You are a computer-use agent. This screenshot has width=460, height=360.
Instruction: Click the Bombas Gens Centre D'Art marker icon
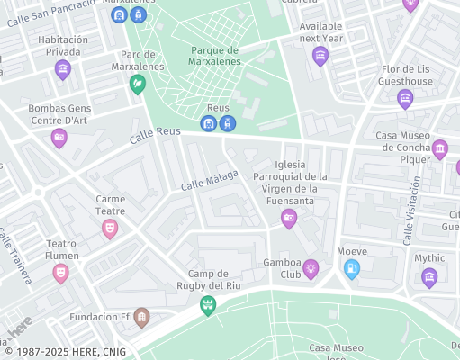(x=59, y=138)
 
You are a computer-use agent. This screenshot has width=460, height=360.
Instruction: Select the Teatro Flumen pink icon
(x=60, y=272)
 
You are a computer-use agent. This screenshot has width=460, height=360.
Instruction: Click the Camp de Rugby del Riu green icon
(x=208, y=306)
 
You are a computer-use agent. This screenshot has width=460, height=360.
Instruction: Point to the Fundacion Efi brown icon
(x=141, y=317)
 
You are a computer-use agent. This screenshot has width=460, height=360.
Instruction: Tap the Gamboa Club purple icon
(x=311, y=267)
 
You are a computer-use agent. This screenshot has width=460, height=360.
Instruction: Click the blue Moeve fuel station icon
(x=352, y=267)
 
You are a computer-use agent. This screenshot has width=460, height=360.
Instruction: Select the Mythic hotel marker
(x=429, y=276)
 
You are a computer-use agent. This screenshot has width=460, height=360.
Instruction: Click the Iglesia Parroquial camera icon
(x=289, y=218)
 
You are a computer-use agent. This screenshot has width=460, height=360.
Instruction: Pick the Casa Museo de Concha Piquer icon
(x=439, y=148)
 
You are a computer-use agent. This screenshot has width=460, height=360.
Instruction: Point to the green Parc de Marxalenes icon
(x=138, y=84)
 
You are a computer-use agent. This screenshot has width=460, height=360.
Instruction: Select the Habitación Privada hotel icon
(x=63, y=68)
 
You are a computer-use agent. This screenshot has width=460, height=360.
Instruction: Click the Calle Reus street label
(x=155, y=135)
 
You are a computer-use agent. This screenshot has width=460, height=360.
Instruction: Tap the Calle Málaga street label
(x=210, y=179)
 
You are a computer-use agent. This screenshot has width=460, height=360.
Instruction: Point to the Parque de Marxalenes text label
(x=215, y=56)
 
